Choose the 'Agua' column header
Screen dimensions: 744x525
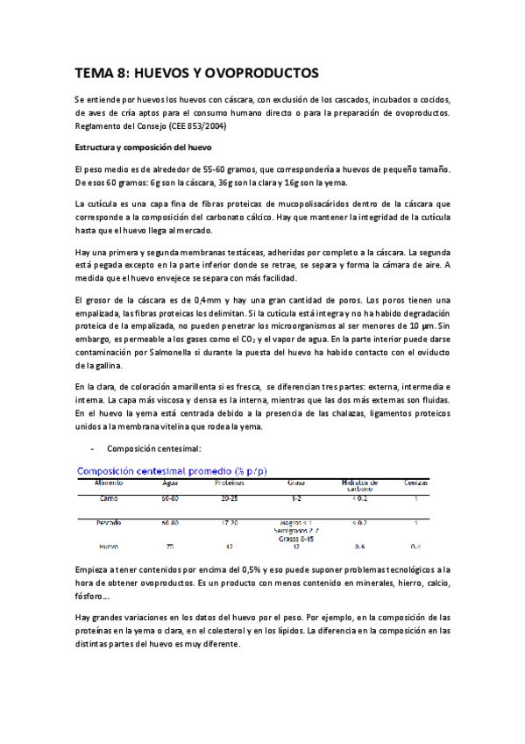(x=170, y=483)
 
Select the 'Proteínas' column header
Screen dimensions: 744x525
(x=230, y=483)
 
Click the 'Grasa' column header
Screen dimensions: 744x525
(x=295, y=483)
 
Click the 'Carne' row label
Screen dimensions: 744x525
(x=109, y=498)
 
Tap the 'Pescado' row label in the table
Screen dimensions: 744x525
(x=109, y=522)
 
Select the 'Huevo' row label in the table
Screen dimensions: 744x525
(x=109, y=546)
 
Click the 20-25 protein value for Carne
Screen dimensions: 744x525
(x=230, y=498)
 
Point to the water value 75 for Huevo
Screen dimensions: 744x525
(x=170, y=546)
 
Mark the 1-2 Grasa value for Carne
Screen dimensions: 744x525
(x=295, y=498)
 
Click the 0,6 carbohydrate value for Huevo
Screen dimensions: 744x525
(x=359, y=546)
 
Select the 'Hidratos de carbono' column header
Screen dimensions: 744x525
(x=359, y=485)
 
